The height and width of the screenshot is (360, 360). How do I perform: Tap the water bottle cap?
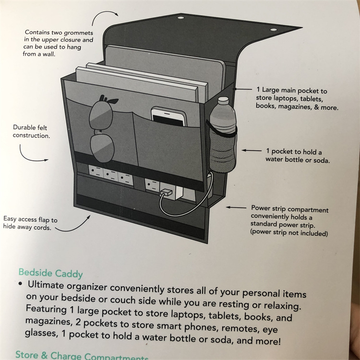223,101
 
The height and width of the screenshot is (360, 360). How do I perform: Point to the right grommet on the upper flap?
273,30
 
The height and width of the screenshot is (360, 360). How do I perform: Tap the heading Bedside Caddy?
51,273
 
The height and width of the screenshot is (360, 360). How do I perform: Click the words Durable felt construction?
32,132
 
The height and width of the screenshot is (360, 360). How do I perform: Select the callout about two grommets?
59,43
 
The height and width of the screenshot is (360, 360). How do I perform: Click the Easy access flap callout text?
30,224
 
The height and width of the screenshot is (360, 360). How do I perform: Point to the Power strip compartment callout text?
289,221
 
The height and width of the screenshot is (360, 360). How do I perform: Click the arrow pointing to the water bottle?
251,150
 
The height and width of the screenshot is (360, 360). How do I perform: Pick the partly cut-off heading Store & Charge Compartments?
82,356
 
